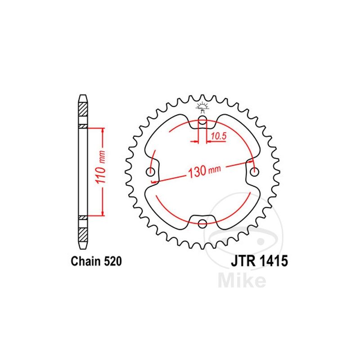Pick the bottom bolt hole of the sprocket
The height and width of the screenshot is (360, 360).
click(x=202, y=223)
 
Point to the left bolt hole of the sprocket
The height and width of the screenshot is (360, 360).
click(x=150, y=171)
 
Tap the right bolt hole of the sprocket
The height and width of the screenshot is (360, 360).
click(x=255, y=171)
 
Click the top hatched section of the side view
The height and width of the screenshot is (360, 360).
click(x=83, y=109)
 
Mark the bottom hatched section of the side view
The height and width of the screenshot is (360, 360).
click(x=83, y=234)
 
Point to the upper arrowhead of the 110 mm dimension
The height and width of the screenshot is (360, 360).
click(x=103, y=130)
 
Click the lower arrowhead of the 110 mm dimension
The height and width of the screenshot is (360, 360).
click(x=103, y=213)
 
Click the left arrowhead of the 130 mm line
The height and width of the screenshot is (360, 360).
click(x=154, y=181)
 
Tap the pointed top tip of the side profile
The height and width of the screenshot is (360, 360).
click(x=83, y=96)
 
